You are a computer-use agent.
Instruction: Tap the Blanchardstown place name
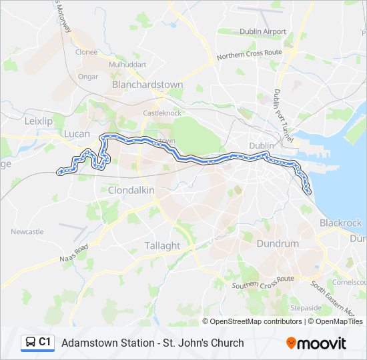tap(147, 85)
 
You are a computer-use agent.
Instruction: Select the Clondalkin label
tap(131, 190)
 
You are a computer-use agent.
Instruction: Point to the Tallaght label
tap(162, 245)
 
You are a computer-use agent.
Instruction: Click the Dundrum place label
tap(278, 243)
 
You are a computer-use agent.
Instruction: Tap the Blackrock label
tap(340, 223)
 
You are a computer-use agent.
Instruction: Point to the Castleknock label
tap(162, 113)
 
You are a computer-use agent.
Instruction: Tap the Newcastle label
tap(27, 231)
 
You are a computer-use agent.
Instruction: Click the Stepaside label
tap(306, 308)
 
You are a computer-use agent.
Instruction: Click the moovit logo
tap(316, 343)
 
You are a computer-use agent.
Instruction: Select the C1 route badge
tap(37, 343)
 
